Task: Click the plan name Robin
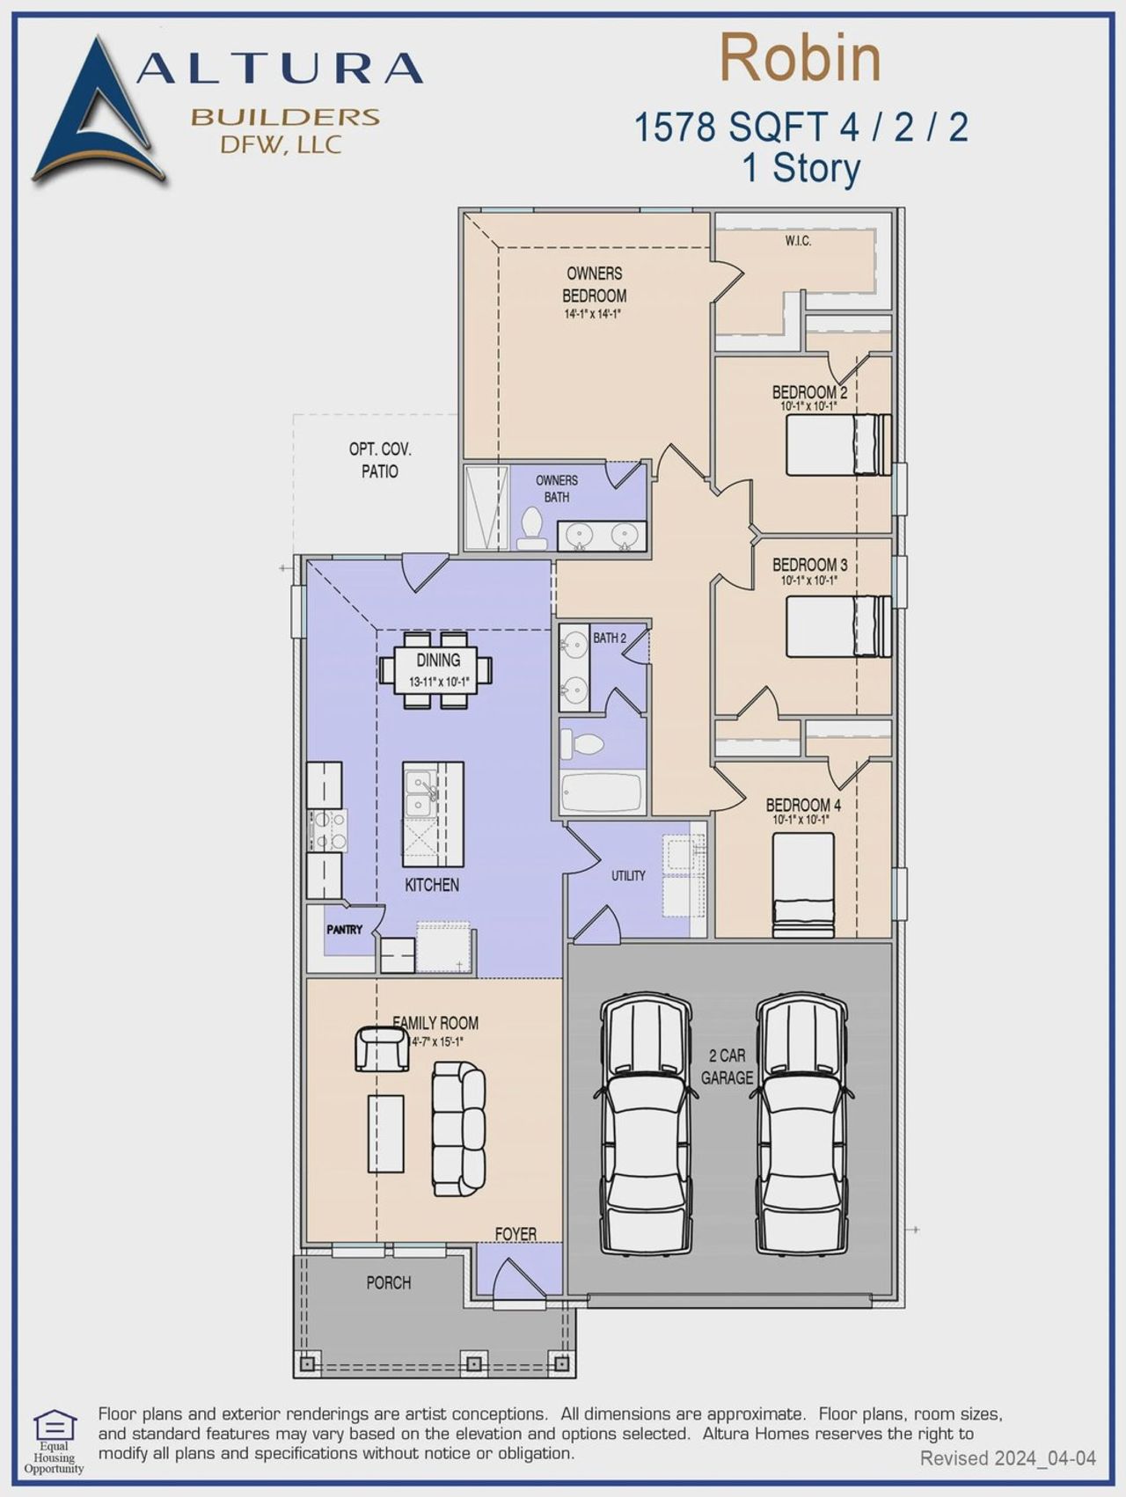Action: point(800,59)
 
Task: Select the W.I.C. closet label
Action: point(798,241)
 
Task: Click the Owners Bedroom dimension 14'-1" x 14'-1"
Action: point(593,314)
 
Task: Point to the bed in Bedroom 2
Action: point(837,445)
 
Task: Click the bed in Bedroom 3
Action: point(837,626)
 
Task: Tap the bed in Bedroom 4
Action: point(803,884)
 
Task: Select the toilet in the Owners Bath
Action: point(531,528)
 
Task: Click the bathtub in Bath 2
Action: point(603,792)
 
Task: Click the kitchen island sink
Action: point(421,792)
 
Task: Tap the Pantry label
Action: point(344,930)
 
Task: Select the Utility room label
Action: point(628,876)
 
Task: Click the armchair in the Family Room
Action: point(382,1049)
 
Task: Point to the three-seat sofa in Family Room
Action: point(457,1128)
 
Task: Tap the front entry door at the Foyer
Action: point(517,1281)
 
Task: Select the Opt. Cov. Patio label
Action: point(379,460)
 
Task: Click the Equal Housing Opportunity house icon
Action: point(55,1424)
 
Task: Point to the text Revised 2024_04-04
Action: point(1007,1458)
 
